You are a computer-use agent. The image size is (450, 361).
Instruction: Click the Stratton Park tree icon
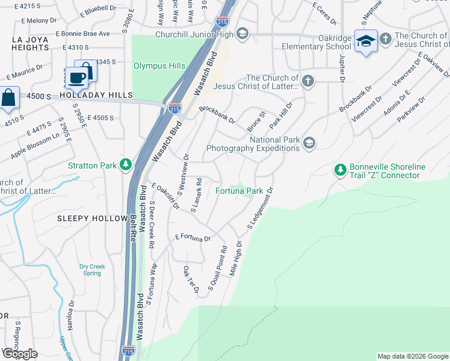pos(125,164)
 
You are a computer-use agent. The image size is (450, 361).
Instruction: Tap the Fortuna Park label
pos(239,191)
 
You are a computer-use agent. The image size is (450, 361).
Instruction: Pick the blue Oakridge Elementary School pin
pos(366,42)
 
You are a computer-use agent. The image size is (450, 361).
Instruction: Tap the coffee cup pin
pos(76,78)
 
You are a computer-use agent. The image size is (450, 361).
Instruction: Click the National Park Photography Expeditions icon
pos(309,143)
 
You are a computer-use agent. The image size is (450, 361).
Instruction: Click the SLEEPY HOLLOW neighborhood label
pos(92,218)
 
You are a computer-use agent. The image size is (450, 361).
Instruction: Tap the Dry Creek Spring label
pos(92,269)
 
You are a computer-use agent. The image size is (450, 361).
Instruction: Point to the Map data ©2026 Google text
pos(413,356)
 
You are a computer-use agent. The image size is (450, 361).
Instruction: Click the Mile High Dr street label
pos(235,258)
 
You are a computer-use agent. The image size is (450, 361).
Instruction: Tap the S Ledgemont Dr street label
pos(260,208)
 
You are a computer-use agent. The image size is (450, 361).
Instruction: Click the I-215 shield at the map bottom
pos(128,350)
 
